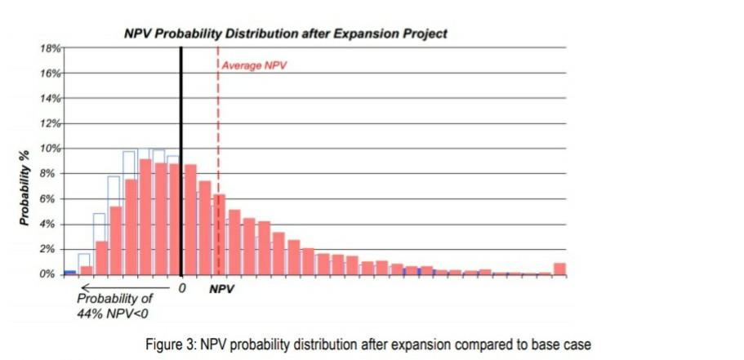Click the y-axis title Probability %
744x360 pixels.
25,189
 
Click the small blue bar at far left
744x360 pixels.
70,273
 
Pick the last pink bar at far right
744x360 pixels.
559,269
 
